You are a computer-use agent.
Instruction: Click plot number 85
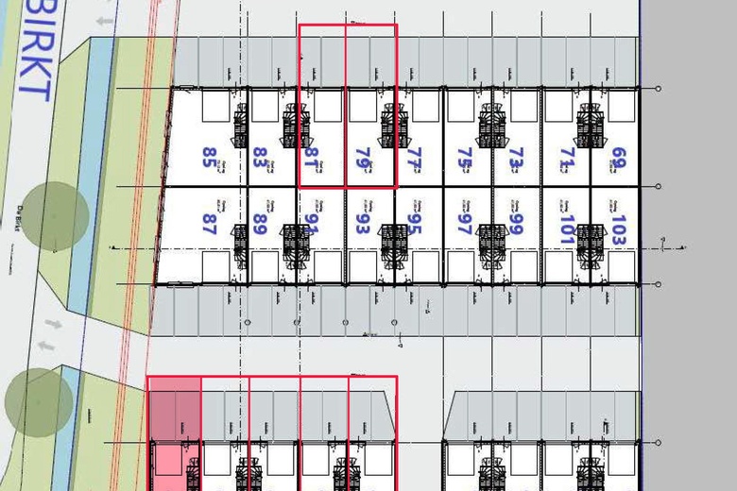pos(208,156)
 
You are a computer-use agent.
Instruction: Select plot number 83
pos(259,156)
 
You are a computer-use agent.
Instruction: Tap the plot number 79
pos(362,156)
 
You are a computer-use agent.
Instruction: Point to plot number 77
pos(413,156)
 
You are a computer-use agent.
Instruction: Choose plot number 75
pos(464,157)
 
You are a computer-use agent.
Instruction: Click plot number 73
pos(516,157)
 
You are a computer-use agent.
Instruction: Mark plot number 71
pos(567,157)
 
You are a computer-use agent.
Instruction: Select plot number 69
pos(618,157)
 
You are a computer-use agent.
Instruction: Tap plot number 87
pos(209,224)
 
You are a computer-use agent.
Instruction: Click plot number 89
pos(260,224)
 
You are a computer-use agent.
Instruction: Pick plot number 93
pos(362,225)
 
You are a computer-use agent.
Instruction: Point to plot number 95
pos(413,225)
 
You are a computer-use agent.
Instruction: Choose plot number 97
pos(464,225)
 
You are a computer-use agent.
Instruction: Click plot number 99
pos(516,225)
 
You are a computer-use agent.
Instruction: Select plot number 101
pos(567,228)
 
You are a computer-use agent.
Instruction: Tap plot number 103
pos(618,228)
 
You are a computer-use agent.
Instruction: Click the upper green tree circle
pos(53,216)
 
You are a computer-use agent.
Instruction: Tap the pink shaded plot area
pos(174,434)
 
